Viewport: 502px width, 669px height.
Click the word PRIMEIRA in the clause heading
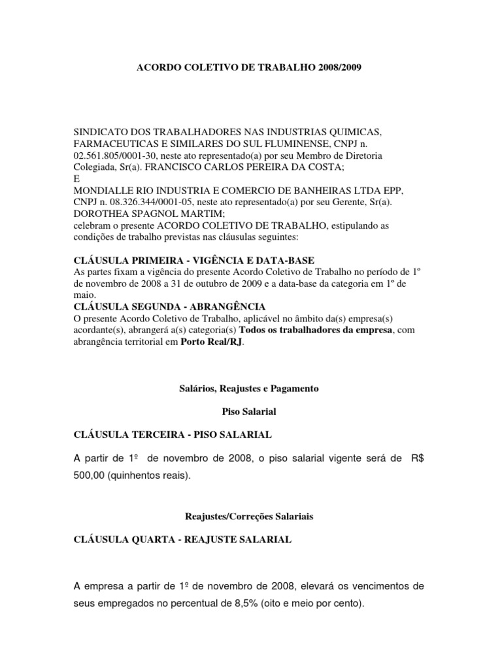(152, 260)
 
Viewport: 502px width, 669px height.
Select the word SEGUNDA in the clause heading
(150, 306)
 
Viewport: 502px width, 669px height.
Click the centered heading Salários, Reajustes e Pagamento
(248, 388)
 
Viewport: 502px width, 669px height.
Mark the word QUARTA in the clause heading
(147, 540)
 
